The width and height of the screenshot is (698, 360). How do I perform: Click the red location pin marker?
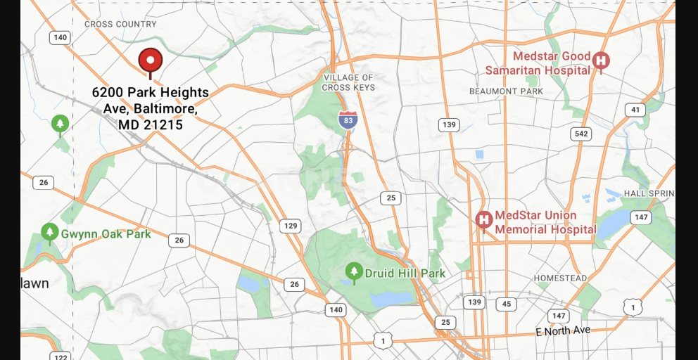(x=150, y=61)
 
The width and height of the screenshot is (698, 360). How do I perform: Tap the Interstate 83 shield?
(x=347, y=120)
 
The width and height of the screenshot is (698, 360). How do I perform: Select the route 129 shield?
(x=290, y=226)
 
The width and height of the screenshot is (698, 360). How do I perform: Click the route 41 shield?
(x=636, y=110)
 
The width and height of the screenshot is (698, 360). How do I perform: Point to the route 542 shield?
(x=581, y=134)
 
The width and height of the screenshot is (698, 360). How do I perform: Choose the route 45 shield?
(x=506, y=304)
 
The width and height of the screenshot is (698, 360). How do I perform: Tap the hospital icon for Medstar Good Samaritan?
(x=601, y=61)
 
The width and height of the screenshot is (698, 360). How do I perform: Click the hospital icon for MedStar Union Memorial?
(x=483, y=219)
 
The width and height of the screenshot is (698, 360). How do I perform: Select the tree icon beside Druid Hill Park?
(x=354, y=271)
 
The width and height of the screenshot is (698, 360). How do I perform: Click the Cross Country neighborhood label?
(x=120, y=24)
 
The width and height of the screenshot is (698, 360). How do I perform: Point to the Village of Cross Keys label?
(x=348, y=82)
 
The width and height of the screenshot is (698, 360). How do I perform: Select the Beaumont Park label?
(x=507, y=91)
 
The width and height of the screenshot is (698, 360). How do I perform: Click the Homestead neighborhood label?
(x=560, y=278)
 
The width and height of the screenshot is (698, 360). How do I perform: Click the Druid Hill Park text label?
(x=405, y=274)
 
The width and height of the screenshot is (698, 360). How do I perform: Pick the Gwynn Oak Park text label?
(x=106, y=234)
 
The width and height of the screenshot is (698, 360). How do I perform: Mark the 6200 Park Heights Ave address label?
(x=150, y=108)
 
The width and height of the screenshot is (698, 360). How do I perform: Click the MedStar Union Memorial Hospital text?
(x=545, y=222)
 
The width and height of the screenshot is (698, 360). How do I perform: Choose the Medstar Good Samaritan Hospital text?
(x=538, y=63)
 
